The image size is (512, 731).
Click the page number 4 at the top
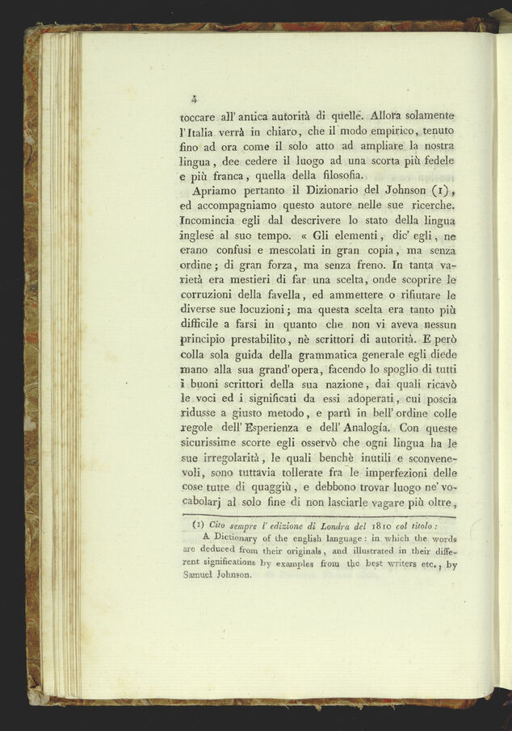[x=195, y=100]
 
